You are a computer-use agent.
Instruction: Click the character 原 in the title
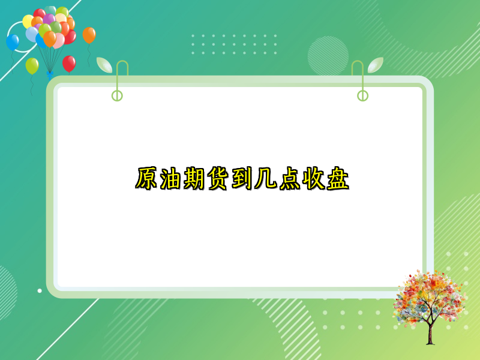point(146,179)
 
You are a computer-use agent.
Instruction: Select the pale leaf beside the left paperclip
point(104,65)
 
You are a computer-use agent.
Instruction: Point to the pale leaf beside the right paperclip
point(376,65)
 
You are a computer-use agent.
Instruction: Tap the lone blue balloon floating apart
point(13,42)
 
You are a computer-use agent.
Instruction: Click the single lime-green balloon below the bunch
point(32,65)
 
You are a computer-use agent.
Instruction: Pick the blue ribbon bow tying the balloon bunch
point(49,75)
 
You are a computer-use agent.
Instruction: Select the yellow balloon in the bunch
point(28,22)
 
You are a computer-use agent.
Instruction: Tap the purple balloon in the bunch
point(49,20)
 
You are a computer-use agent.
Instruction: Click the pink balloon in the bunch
point(58,41)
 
